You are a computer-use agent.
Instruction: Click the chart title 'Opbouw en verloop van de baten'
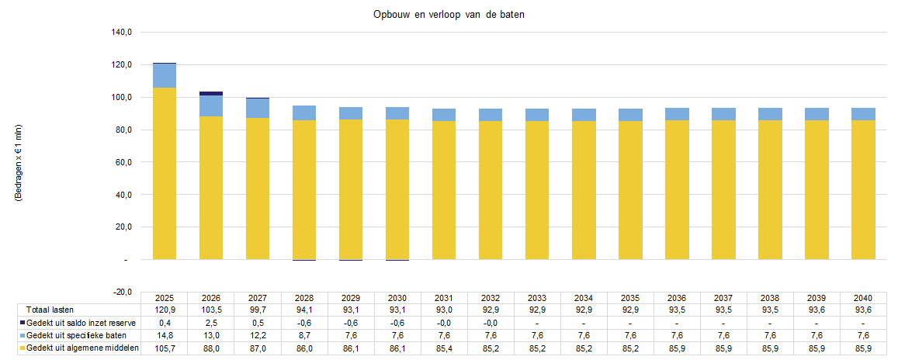click(449, 16)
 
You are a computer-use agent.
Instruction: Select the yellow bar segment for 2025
click(165, 173)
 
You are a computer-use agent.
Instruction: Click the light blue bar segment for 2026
click(211, 106)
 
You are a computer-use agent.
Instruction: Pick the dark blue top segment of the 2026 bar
click(211, 93)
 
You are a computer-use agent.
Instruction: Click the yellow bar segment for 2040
click(863, 189)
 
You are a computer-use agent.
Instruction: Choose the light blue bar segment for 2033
click(537, 115)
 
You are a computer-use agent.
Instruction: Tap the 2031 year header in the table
click(444, 298)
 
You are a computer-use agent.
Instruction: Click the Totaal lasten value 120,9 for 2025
click(165, 310)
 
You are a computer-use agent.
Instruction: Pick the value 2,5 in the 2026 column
click(211, 323)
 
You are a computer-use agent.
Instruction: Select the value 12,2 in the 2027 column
click(258, 336)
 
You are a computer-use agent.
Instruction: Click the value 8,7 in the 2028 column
click(304, 336)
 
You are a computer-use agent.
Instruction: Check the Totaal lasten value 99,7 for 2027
click(258, 310)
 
